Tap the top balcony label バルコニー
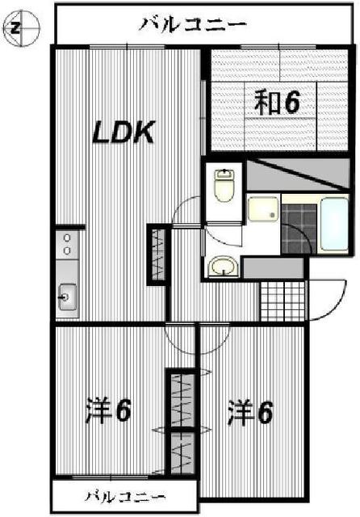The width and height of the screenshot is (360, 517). (x=191, y=24)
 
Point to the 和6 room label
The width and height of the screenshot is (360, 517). (x=278, y=103)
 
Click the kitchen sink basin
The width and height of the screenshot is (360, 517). (x=66, y=300)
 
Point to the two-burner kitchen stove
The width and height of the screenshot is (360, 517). (x=66, y=245)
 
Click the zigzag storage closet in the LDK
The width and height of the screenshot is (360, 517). (x=156, y=254)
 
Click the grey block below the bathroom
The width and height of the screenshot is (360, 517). (x=273, y=267)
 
